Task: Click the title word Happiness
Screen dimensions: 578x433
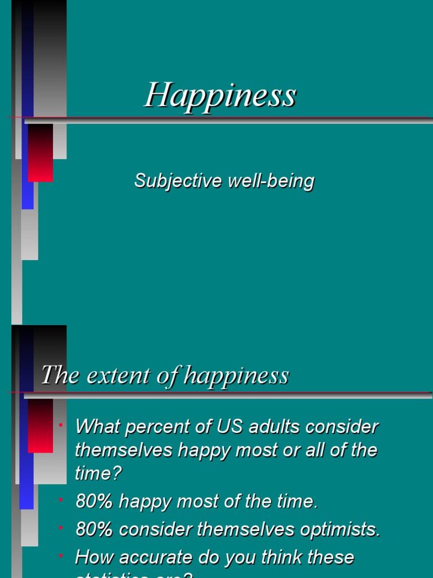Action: pyautogui.click(x=220, y=95)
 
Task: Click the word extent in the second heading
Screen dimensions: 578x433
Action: pyautogui.click(x=116, y=375)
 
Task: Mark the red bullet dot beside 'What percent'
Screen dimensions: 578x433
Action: pyautogui.click(x=60, y=424)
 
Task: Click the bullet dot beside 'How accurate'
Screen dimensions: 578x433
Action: pyautogui.click(x=60, y=556)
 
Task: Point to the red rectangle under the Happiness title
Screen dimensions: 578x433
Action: pyautogui.click(x=40, y=153)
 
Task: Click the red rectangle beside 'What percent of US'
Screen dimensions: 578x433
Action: pyautogui.click(x=40, y=426)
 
